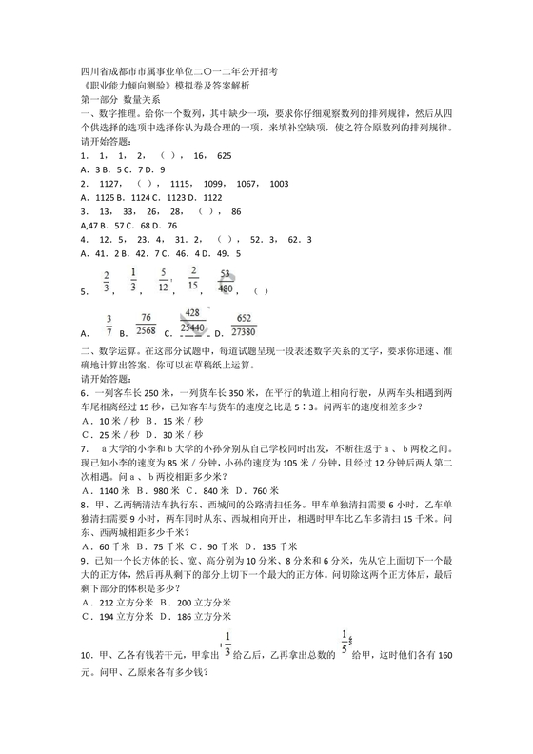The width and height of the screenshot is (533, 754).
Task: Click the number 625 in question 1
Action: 225,154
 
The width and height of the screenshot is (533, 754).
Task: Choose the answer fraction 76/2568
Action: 146,324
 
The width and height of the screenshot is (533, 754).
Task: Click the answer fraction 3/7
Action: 109,325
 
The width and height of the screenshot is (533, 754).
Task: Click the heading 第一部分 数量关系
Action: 121,98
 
